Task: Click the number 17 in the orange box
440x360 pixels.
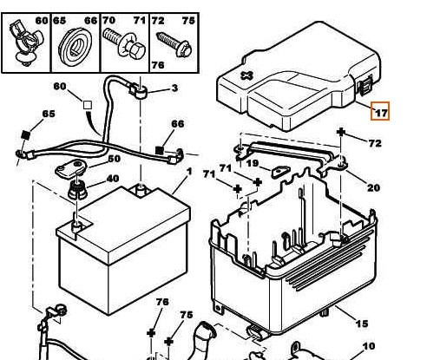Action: point(381,112)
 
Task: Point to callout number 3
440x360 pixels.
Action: point(174,88)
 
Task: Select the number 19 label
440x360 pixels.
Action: point(253,163)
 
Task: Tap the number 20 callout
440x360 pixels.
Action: point(373,188)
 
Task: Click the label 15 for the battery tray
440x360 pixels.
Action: point(362,324)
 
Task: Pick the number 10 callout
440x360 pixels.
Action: point(369,346)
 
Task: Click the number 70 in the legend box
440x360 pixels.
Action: point(109,21)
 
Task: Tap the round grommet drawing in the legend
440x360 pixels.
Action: point(75,47)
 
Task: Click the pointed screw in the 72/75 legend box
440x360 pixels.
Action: point(174,44)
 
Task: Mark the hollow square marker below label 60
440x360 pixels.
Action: point(88,105)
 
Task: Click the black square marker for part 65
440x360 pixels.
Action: point(26,134)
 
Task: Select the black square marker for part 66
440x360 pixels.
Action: point(160,150)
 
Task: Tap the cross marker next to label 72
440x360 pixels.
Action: point(341,132)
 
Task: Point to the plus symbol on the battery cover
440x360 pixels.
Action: point(246,75)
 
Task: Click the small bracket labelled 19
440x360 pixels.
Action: point(279,172)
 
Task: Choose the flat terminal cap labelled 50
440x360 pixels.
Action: point(71,168)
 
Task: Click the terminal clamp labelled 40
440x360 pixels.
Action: point(77,189)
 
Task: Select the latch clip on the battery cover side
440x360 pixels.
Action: point(365,85)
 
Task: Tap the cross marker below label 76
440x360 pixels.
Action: point(151,333)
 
